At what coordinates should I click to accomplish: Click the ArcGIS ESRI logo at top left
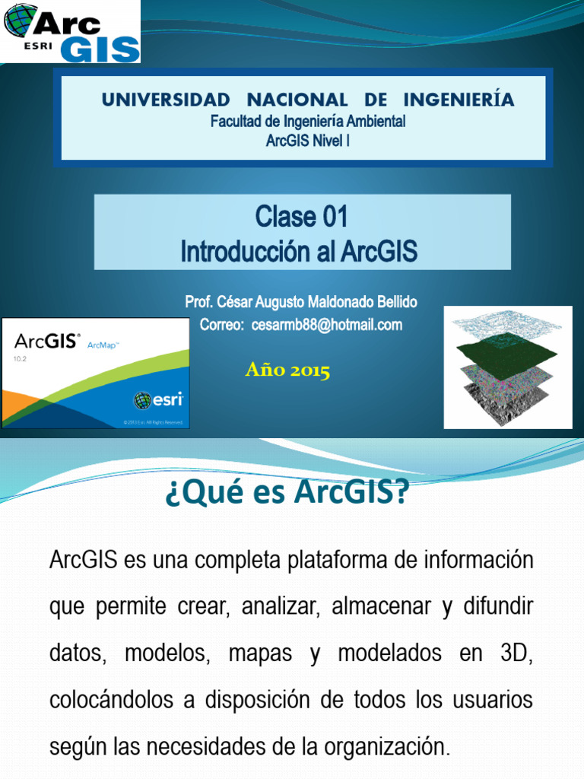[71, 31]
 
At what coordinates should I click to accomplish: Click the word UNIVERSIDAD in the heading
[166, 100]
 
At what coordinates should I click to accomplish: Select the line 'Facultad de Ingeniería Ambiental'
[308, 122]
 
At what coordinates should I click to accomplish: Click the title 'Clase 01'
[302, 218]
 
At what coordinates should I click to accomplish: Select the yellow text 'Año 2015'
[287, 370]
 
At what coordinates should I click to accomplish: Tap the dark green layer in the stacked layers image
[507, 350]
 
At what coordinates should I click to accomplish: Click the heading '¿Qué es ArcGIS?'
[287, 495]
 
